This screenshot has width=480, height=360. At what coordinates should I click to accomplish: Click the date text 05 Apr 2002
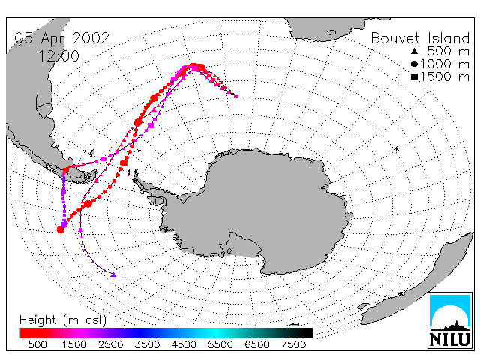tap(61, 38)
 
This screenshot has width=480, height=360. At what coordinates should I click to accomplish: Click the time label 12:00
tap(58, 56)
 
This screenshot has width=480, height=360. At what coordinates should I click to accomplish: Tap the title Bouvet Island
tap(420, 38)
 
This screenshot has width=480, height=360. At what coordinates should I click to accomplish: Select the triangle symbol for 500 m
tap(414, 51)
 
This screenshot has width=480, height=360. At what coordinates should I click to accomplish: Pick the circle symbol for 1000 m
tap(414, 64)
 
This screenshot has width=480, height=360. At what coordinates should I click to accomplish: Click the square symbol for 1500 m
tap(414, 76)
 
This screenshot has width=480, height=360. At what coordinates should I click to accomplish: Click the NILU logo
tap(450, 320)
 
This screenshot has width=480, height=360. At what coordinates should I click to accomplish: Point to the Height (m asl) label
tap(63, 320)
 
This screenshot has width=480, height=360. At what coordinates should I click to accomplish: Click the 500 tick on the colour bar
tap(37, 345)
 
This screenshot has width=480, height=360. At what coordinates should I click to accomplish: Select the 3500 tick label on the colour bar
tap(147, 345)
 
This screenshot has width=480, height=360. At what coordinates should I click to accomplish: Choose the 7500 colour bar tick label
tap(293, 345)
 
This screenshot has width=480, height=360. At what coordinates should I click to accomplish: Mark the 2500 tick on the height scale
tap(111, 345)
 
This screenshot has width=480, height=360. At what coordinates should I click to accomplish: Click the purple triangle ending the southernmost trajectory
tap(113, 274)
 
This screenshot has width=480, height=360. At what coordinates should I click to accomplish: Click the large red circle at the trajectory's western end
tap(61, 229)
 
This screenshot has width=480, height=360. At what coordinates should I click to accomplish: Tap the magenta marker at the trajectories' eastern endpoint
tap(236, 96)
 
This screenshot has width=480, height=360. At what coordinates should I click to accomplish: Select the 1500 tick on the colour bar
tap(74, 345)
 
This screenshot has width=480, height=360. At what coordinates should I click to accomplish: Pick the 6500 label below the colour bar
tap(257, 345)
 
